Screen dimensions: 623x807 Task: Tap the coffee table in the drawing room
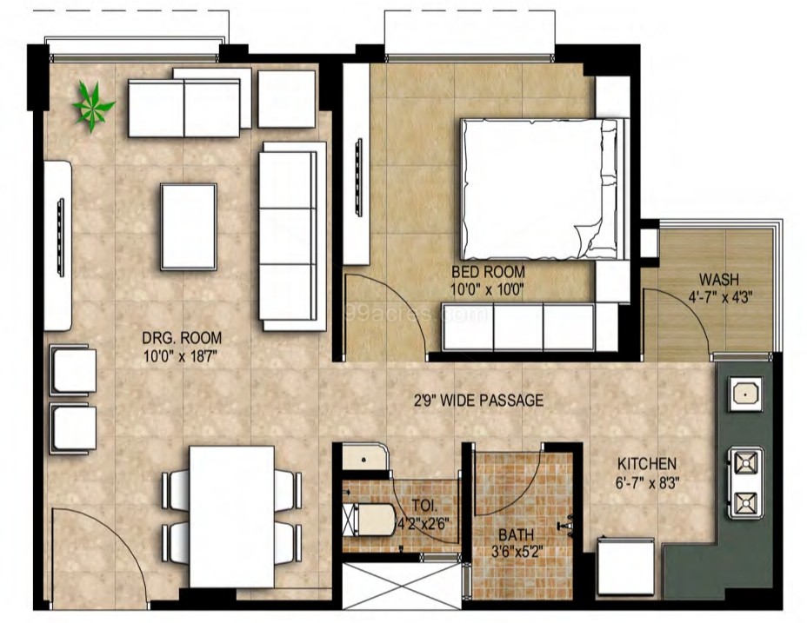click(x=188, y=226)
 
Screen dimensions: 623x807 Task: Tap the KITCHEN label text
click(x=646, y=464)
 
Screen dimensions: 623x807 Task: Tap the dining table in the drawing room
click(x=231, y=515)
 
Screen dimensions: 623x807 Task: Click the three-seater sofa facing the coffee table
click(x=288, y=235)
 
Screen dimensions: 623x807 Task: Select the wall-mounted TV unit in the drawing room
click(x=60, y=244)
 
